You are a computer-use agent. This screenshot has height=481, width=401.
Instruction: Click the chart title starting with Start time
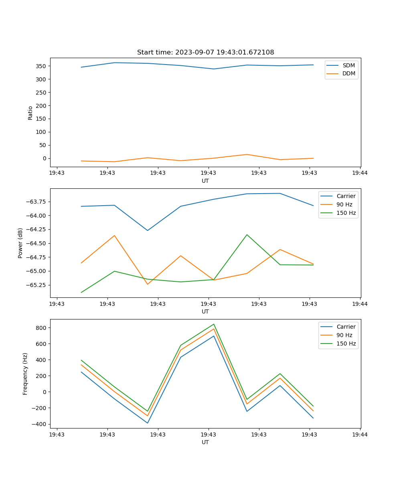[x=205, y=53]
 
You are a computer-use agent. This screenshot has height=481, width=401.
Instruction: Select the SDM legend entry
[x=348, y=65]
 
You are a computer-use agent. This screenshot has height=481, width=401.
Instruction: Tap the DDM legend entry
[x=348, y=73]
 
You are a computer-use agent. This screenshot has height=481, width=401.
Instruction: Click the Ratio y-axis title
[x=30, y=113]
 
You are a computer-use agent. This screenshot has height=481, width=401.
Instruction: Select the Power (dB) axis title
[x=20, y=243]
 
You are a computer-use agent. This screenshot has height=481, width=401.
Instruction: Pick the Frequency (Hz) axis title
[x=25, y=374]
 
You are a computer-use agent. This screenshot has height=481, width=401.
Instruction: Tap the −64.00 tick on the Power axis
[x=36, y=216]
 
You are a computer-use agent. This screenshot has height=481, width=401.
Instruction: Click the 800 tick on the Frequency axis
[x=42, y=328]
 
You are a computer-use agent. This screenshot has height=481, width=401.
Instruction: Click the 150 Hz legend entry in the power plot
[x=346, y=213]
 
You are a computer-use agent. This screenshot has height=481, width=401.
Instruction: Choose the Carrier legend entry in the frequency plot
[x=346, y=327]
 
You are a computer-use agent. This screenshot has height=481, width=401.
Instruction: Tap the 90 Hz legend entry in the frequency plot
[x=344, y=335]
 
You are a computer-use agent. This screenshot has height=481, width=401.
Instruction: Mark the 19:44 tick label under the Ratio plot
[x=360, y=173]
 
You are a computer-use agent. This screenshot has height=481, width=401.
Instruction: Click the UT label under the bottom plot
[x=205, y=442]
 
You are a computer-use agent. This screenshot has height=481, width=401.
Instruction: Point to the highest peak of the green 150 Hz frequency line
[x=214, y=324]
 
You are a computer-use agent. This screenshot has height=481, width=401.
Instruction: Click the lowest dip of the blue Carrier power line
[x=148, y=230]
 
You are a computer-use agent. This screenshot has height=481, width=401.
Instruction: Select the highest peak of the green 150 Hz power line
[x=247, y=234]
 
